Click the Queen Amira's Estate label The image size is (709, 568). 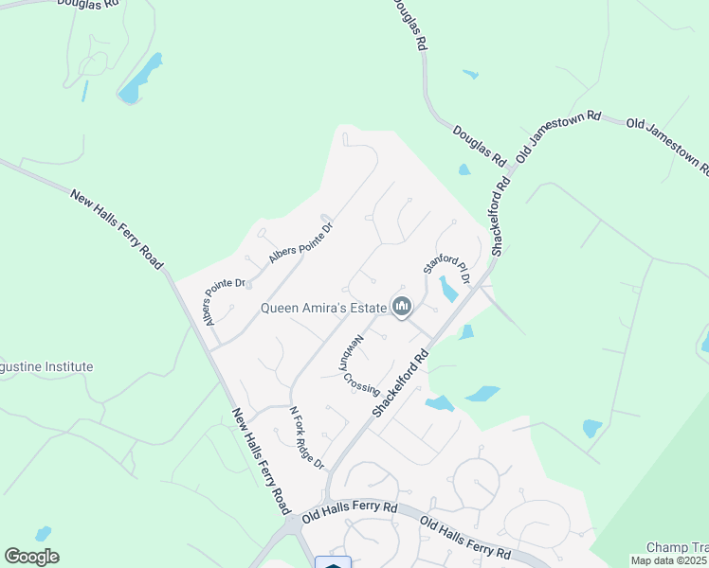[324, 308]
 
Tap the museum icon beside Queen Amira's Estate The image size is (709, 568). [402, 307]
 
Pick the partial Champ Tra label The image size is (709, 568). [677, 547]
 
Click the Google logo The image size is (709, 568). [31, 557]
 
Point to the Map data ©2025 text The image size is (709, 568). [669, 560]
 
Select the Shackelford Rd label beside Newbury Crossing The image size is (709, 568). [401, 383]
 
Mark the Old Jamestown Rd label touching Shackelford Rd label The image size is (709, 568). [559, 136]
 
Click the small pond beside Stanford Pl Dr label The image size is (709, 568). [448, 289]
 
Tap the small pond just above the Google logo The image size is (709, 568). [43, 534]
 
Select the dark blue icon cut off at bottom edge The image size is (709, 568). [333, 563]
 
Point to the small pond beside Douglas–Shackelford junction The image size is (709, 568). [464, 170]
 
